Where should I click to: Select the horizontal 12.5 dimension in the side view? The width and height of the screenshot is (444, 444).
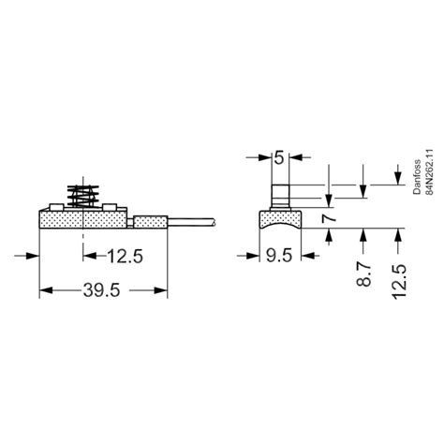(x=125, y=255)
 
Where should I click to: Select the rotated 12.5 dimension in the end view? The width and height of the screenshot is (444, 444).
(x=402, y=282)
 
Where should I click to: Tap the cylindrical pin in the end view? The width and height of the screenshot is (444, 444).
(x=280, y=199)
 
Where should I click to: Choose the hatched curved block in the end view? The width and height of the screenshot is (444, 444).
(x=280, y=218)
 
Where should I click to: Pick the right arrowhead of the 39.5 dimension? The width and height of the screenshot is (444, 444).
(x=165, y=290)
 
